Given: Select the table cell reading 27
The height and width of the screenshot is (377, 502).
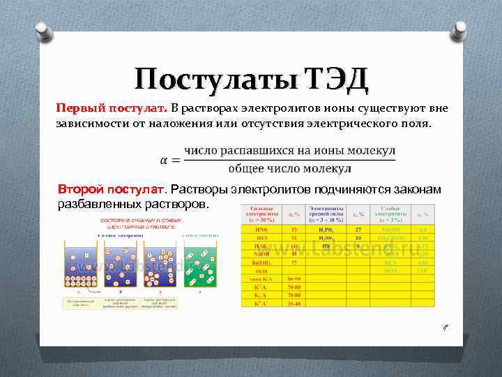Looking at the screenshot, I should (358, 229).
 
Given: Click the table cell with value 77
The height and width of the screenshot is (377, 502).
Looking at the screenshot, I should (294, 263).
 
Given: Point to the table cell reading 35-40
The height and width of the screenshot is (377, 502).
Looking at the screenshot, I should (294, 304).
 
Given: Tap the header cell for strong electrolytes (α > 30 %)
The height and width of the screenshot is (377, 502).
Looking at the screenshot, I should (261, 213).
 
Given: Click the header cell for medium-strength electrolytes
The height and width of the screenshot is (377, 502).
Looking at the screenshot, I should (326, 213).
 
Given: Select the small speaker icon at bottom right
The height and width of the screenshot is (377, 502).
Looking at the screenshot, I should (443, 327).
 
